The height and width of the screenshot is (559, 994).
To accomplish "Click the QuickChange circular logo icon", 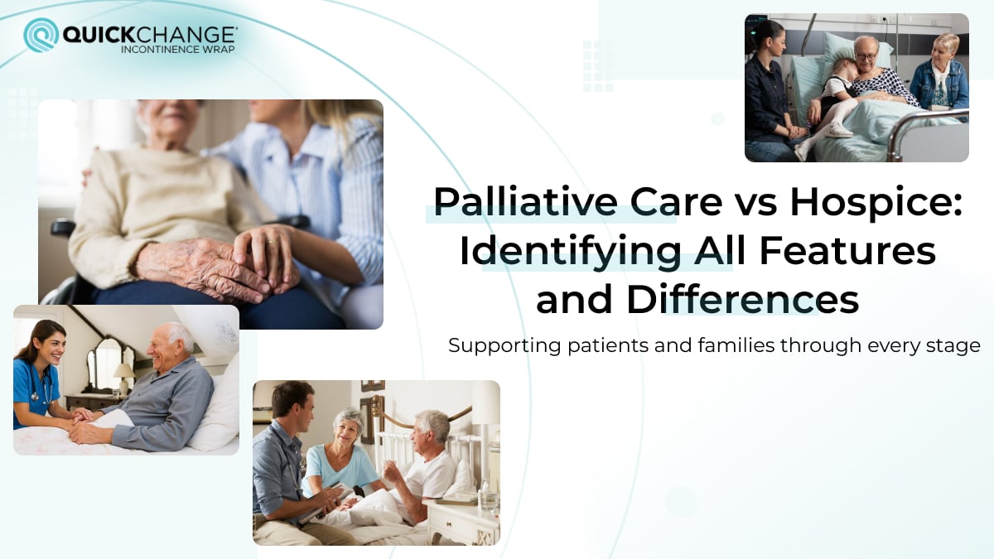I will point(41,35).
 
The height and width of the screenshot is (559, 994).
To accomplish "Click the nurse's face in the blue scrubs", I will point(48,342).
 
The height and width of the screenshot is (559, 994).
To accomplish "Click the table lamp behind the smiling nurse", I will point(124,375).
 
